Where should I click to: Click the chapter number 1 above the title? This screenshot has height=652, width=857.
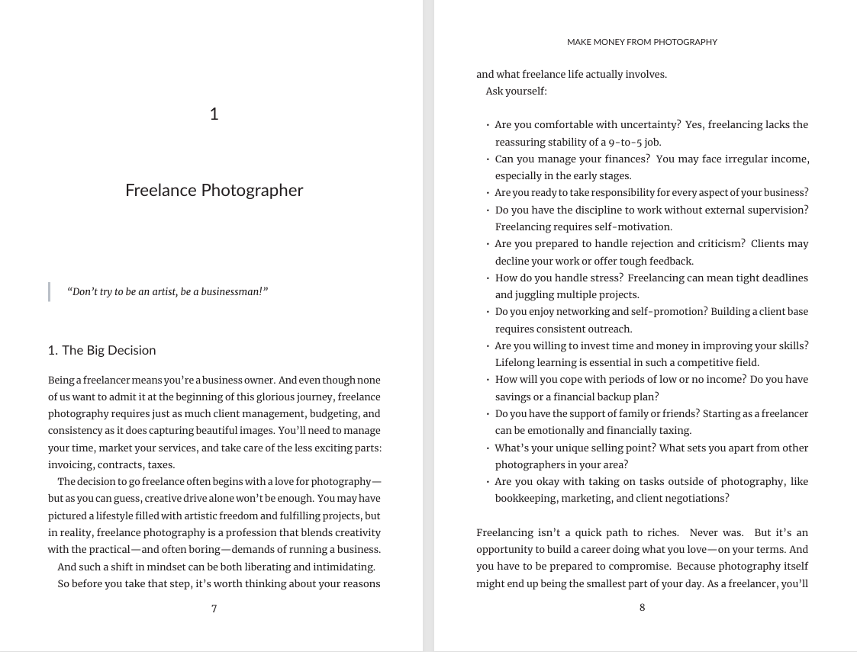coord(214,114)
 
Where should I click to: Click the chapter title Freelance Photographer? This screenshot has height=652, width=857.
coord(214,191)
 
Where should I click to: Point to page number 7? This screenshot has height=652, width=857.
coord(214,609)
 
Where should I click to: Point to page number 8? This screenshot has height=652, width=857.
coord(642,608)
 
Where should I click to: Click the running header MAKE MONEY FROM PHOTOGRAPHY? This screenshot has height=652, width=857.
coord(642,42)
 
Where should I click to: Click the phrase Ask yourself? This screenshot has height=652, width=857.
coord(516,92)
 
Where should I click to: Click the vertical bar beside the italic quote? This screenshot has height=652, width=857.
coord(50,292)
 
